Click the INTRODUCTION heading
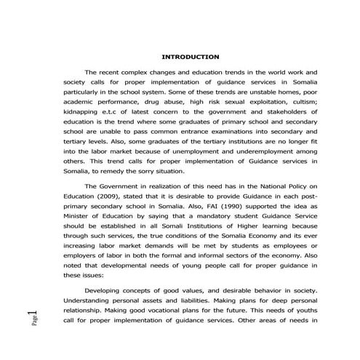point(190,57)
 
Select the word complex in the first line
point(141,73)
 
